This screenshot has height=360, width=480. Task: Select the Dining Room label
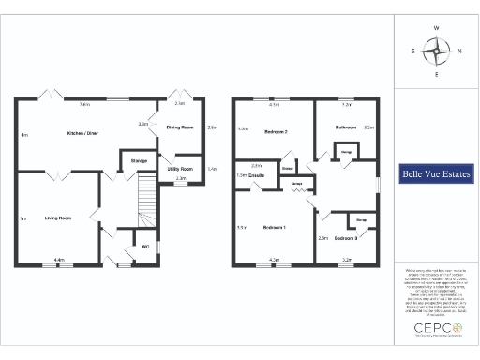tap(180, 127)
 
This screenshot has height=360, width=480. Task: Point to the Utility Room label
tap(181, 169)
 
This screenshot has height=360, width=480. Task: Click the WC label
tap(145, 247)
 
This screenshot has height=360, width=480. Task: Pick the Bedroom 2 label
tap(273, 132)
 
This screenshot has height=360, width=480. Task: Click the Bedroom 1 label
tap(275, 227)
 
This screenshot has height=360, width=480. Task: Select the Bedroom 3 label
tap(343, 239)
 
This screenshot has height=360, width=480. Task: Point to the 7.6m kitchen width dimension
tap(84, 104)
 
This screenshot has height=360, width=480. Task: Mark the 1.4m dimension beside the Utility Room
tap(212, 169)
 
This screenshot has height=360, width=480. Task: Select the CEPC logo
tap(436, 328)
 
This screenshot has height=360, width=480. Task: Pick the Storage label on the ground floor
tap(139, 161)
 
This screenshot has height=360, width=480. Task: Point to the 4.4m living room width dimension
tap(58, 260)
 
